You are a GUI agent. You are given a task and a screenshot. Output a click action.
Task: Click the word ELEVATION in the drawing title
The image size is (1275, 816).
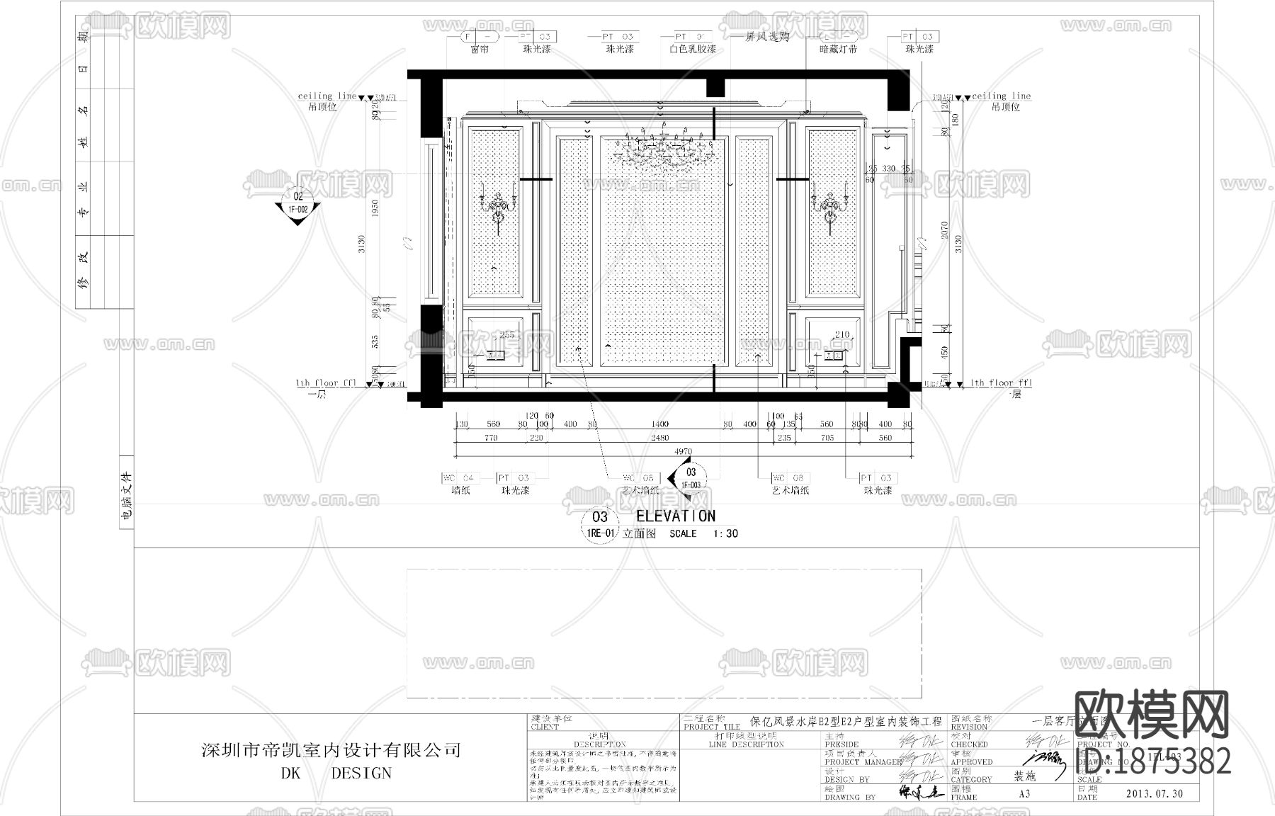tap(675, 516)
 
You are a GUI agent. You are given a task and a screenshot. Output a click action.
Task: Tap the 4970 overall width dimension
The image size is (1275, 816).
tap(683, 451)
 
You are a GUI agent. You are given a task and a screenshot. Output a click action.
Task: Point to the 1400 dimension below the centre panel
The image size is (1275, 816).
tap(659, 424)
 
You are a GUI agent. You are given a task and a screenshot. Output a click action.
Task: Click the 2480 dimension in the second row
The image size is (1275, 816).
tap(659, 438)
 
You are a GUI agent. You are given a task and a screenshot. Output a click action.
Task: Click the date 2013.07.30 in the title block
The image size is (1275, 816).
tap(1154, 794)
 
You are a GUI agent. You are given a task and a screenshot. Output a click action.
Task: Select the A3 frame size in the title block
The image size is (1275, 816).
tap(1024, 794)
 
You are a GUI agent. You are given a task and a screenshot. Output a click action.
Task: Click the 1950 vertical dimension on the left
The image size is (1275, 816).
tap(376, 208)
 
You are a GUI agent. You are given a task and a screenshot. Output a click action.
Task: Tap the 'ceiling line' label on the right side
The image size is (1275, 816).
tap(1001, 96)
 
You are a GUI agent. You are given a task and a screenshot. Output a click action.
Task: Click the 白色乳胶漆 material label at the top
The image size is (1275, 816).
tap(692, 50)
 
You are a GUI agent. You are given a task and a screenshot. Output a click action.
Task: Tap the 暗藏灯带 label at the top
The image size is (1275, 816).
tap(838, 50)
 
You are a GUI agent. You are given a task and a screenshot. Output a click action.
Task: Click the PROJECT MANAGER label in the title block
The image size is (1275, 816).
tap(863, 762)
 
